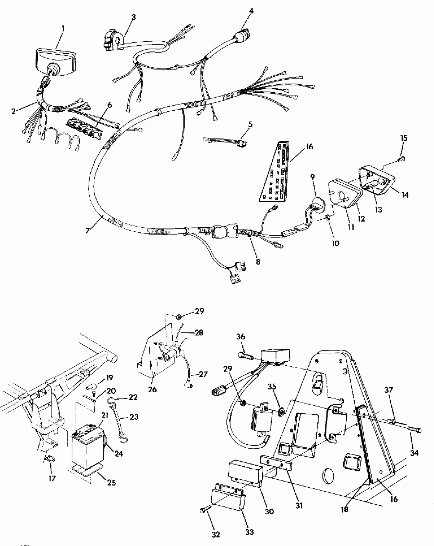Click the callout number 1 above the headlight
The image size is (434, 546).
(x=63, y=28)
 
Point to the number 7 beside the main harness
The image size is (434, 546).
(x=87, y=231)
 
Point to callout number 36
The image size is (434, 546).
(x=240, y=337)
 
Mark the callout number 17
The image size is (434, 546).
(x=52, y=478)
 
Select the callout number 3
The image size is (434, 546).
(x=134, y=17)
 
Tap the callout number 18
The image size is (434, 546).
(x=344, y=509)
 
